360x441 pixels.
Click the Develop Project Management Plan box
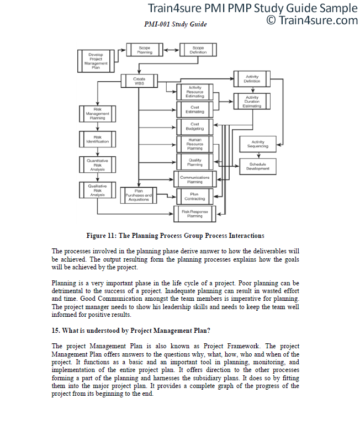(x=96, y=61)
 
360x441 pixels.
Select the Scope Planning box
(x=145, y=50)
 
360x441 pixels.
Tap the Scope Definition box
(x=198, y=50)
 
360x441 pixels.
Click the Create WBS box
(x=139, y=81)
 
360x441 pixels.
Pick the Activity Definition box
(x=252, y=79)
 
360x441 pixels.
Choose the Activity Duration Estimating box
(x=252, y=101)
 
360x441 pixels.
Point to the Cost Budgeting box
(x=194, y=126)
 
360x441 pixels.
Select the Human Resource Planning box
(x=194, y=144)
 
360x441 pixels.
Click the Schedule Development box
(x=258, y=167)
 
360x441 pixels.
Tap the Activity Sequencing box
(x=258, y=144)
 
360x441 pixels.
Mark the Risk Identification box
(x=97, y=139)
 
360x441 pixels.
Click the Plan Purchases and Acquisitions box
(x=139, y=195)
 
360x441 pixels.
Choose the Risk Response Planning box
(x=194, y=214)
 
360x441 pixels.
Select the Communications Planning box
(x=195, y=179)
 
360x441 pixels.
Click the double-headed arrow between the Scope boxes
(x=171, y=50)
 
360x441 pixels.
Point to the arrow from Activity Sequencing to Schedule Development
(x=258, y=155)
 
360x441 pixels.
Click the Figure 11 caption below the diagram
(x=175, y=236)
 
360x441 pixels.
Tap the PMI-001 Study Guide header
(x=176, y=24)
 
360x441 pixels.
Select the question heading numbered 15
(x=131, y=331)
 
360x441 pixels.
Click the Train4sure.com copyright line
(x=312, y=20)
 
